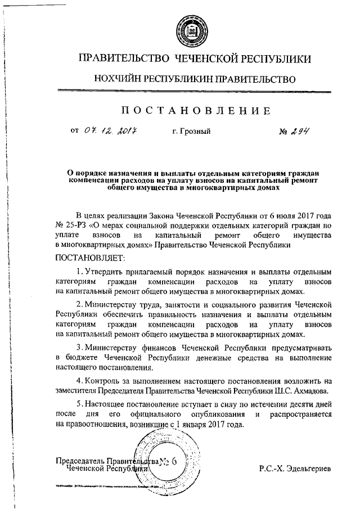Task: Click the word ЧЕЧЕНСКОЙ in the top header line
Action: point(207,58)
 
